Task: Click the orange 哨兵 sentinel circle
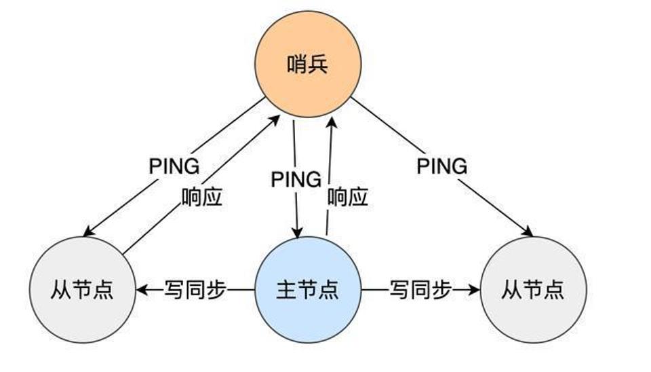point(308,64)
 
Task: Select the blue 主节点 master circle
point(308,290)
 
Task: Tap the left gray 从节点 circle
point(83,290)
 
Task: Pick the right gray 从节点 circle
point(534,290)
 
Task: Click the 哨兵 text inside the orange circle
point(308,64)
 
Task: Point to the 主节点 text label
point(308,290)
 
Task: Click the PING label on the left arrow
point(174,166)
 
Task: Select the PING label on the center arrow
point(296,180)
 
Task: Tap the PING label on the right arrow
point(441,166)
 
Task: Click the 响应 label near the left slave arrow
point(202,197)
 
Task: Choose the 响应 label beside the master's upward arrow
point(348,197)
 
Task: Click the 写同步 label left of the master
point(195,290)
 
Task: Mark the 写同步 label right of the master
point(420,290)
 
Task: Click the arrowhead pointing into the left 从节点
point(142,290)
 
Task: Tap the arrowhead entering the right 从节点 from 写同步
point(474,290)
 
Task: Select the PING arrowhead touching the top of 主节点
point(297,232)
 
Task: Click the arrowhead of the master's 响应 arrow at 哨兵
point(332,123)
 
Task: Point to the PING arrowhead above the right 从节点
point(528,231)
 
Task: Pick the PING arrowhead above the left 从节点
point(89,231)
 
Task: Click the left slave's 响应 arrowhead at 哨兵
point(275,121)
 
